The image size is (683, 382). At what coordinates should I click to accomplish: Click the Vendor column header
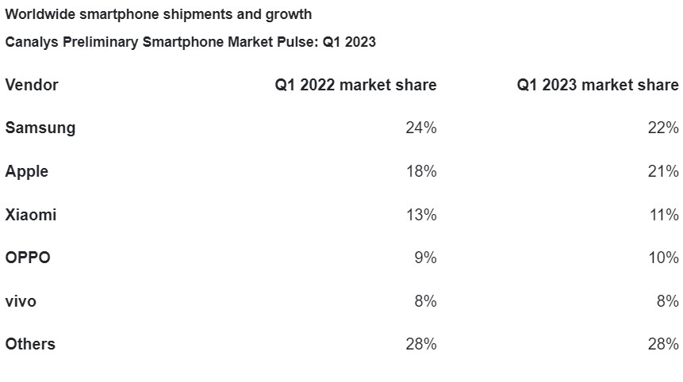tap(32, 85)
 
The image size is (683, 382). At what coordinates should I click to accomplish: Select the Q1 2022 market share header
tap(355, 85)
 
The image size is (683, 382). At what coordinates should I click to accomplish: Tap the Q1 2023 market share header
tap(597, 85)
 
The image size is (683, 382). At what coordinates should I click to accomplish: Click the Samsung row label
tap(40, 128)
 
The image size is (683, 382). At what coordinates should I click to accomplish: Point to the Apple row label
tap(27, 171)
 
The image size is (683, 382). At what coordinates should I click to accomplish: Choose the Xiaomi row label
tap(31, 215)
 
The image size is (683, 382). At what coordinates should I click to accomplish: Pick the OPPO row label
tap(28, 258)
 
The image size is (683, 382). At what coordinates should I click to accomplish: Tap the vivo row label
tap(21, 301)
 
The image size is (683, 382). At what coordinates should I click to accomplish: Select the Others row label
tap(30, 344)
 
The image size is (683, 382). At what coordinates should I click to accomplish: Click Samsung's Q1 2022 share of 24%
tap(420, 128)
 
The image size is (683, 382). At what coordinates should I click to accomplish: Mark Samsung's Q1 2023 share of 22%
tap(662, 128)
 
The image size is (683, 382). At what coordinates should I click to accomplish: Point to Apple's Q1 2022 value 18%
tap(420, 171)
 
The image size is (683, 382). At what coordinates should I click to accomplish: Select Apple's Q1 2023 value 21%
tap(662, 171)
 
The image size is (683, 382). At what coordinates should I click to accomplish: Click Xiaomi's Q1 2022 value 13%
tap(420, 215)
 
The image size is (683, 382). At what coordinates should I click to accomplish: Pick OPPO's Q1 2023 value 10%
tap(662, 258)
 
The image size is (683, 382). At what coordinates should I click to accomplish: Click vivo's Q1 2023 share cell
tap(666, 301)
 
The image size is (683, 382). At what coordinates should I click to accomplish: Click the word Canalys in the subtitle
tap(30, 43)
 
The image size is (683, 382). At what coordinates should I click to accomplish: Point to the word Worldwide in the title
tap(40, 14)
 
